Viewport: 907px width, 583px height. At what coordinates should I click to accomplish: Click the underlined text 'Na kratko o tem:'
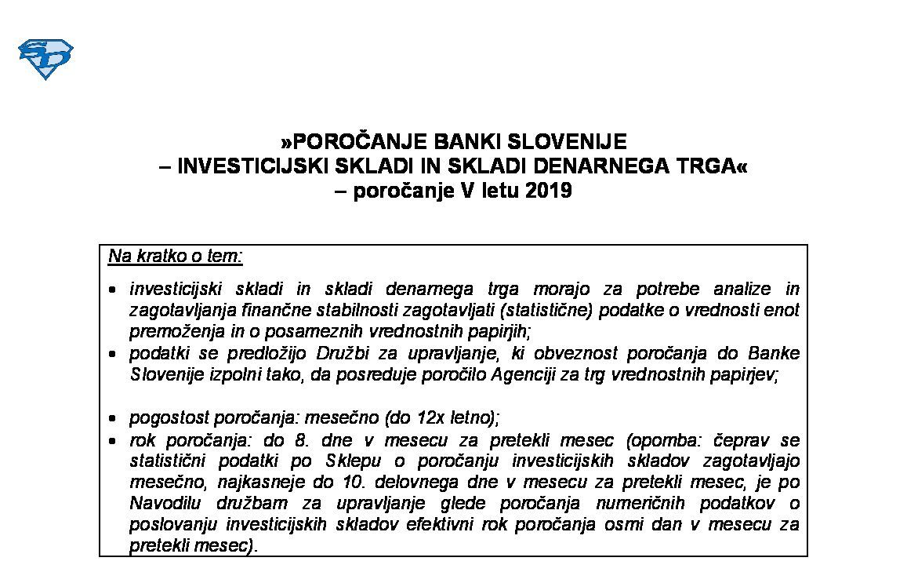[176, 257]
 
